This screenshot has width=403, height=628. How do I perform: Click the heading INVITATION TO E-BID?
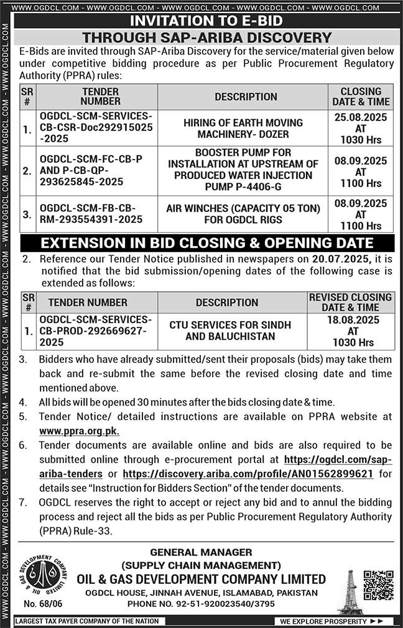point(207,21)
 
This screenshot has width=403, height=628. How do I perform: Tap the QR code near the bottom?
point(378,584)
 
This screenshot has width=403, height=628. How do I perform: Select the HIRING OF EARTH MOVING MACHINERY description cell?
point(243,129)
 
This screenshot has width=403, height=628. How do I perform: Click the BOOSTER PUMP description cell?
point(243,170)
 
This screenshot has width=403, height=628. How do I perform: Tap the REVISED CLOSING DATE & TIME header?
point(350,302)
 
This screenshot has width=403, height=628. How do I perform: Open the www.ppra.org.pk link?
point(79,431)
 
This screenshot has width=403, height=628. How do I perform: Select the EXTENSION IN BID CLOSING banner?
point(207,243)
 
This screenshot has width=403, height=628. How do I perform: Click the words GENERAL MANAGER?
point(200,552)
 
